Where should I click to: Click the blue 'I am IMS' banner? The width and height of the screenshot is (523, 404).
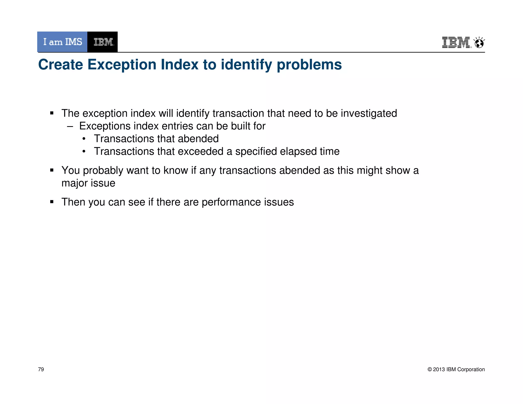click(x=62, y=42)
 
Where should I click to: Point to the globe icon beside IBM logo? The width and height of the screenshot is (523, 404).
click(x=479, y=43)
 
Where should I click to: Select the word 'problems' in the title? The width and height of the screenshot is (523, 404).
click(x=309, y=64)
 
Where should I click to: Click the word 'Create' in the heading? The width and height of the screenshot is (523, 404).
click(x=61, y=64)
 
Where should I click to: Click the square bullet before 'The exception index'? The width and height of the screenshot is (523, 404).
click(x=52, y=113)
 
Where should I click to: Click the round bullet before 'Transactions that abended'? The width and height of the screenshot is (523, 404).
click(x=84, y=139)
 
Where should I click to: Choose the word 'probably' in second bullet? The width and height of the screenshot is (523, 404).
click(x=103, y=171)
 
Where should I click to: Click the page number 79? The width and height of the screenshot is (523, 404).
click(x=41, y=369)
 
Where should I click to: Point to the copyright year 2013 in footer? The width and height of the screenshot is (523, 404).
click(x=439, y=369)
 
